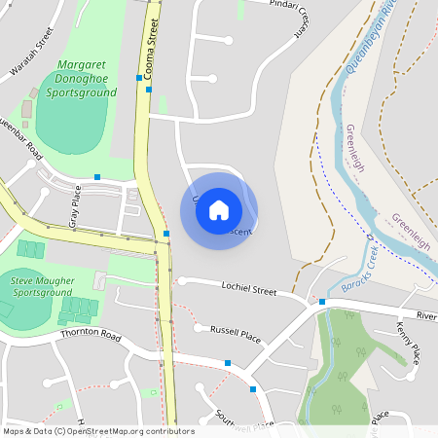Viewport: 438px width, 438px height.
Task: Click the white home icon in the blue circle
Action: (219, 210)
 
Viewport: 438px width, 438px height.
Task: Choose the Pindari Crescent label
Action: (297, 18)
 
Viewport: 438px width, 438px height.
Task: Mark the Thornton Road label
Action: (90, 335)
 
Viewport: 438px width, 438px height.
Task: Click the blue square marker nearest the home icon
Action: (166, 234)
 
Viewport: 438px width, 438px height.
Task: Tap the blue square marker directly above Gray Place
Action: (97, 176)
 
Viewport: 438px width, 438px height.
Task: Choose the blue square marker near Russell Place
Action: (228, 363)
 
